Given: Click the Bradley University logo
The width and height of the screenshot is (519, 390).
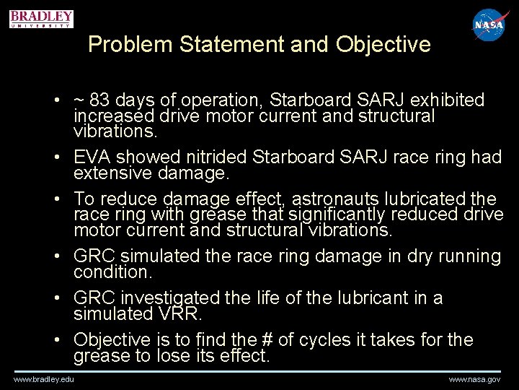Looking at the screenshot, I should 42,18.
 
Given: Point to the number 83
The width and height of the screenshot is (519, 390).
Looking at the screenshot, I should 102,100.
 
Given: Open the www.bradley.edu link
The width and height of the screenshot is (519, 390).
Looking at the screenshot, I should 43,379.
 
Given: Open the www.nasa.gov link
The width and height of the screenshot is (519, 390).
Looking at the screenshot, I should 474,379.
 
